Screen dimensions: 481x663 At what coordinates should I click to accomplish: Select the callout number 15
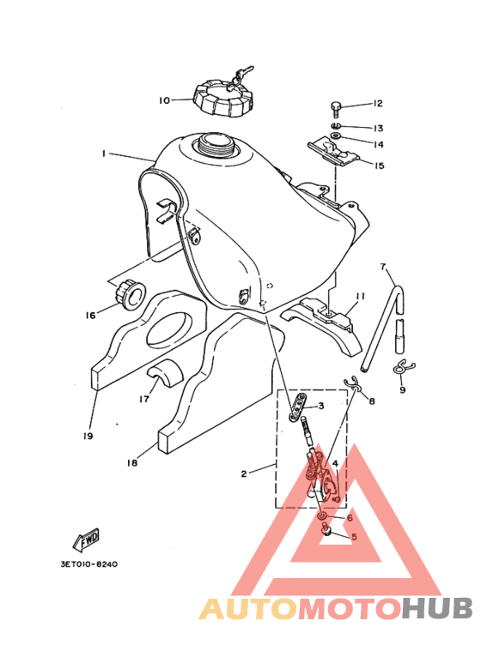(380, 166)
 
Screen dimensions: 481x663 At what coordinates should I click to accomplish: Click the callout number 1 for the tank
(104, 154)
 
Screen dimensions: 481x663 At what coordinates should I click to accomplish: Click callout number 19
(88, 436)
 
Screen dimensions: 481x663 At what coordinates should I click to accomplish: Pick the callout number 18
(132, 463)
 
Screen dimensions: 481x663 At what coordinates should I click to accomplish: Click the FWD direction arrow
(87, 540)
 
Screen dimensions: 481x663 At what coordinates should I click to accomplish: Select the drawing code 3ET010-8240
(89, 564)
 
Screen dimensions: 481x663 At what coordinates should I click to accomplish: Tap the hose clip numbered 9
(403, 366)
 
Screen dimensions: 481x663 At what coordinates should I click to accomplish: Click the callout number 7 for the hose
(383, 267)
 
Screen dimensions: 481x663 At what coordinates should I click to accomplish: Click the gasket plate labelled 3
(299, 407)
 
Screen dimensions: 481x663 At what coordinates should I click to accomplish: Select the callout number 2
(244, 473)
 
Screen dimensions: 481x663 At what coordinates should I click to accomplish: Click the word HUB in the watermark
(437, 608)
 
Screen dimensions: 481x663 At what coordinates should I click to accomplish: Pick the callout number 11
(361, 297)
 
